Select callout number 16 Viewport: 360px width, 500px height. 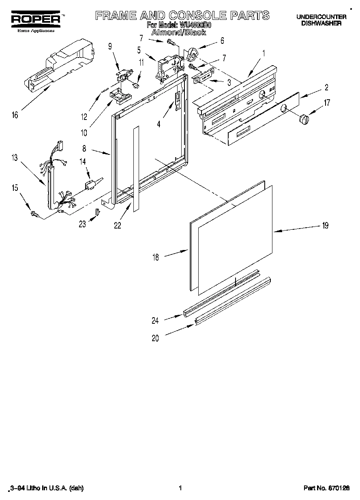(15, 115)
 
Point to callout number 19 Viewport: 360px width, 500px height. (325, 226)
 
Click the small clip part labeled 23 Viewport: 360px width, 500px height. (97, 212)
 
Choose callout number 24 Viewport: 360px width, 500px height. (155, 321)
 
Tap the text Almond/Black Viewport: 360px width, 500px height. (178, 32)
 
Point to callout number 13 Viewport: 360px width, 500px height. (15, 158)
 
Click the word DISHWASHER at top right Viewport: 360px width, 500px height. (321, 24)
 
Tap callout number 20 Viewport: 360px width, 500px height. (155, 339)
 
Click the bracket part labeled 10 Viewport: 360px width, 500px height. (120, 96)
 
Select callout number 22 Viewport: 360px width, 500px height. (117, 226)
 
